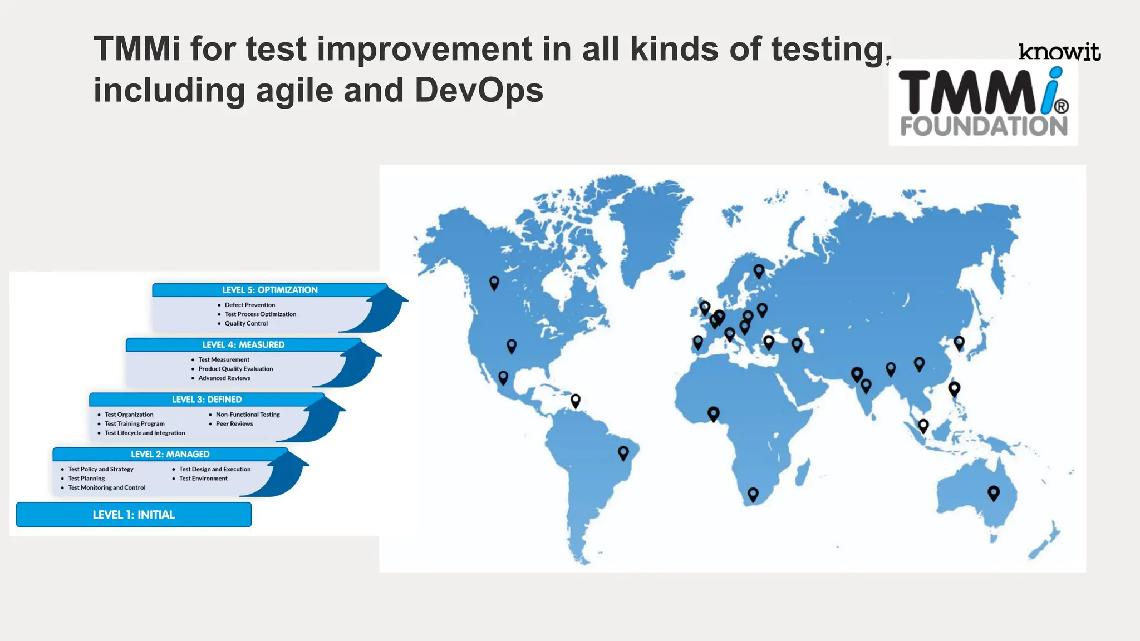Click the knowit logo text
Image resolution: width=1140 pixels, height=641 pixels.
click(1059, 52)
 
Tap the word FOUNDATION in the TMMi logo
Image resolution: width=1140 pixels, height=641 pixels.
click(984, 126)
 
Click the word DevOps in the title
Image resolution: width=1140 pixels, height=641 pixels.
click(479, 90)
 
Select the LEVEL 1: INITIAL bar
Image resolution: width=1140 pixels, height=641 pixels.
click(134, 515)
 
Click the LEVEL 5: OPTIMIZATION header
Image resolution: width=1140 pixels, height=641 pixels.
click(269, 290)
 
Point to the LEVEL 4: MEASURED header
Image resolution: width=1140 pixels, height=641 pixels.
click(243, 345)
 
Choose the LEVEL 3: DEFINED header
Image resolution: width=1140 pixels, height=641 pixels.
click(207, 400)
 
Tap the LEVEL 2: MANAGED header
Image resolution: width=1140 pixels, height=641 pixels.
click(170, 454)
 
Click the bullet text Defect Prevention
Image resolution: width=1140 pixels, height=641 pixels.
click(249, 305)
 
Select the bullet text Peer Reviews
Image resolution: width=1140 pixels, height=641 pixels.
click(234, 423)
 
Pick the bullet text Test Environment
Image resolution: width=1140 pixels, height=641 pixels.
click(203, 479)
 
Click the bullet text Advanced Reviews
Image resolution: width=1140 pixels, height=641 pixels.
click(224, 378)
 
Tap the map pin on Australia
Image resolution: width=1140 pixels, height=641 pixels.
click(993, 492)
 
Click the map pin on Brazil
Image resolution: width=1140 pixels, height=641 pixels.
click(623, 452)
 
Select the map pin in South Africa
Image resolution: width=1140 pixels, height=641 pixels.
click(753, 494)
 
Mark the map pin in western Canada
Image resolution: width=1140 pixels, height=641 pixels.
click(494, 282)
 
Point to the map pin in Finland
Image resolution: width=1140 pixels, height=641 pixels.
click(759, 270)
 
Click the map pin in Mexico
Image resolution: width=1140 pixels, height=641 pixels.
click(503, 377)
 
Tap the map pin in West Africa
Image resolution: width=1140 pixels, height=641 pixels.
click(713, 413)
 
